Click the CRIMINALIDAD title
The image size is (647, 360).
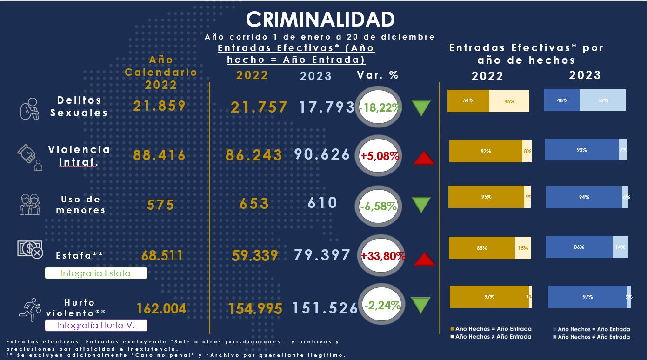pyautogui.click(x=320, y=20)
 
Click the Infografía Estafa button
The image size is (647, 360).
pyautogui.click(x=96, y=273)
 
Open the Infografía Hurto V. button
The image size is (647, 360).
pyautogui.click(x=96, y=325)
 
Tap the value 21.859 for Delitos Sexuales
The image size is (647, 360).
pyautogui.click(x=160, y=106)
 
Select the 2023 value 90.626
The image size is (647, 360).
pyautogui.click(x=322, y=154)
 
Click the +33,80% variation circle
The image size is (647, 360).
pyautogui.click(x=383, y=255)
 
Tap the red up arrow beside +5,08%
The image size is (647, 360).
pyautogui.click(x=424, y=159)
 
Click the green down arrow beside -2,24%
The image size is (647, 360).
pyautogui.click(x=421, y=306)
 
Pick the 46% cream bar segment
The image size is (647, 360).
pyautogui.click(x=509, y=101)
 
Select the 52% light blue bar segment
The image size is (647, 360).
pyautogui.click(x=603, y=100)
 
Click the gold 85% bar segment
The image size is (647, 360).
pyautogui.click(x=482, y=248)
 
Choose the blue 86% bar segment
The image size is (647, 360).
pyautogui.click(x=579, y=247)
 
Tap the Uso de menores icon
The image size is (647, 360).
pyautogui.click(x=30, y=204)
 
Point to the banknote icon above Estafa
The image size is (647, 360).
pyautogui.click(x=30, y=249)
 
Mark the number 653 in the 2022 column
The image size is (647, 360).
pyautogui.click(x=253, y=203)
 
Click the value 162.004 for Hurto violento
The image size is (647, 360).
pyautogui.click(x=161, y=308)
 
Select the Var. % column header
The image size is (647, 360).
pyautogui.click(x=377, y=75)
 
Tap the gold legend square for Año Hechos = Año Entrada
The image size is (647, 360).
pyautogui.click(x=452, y=329)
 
